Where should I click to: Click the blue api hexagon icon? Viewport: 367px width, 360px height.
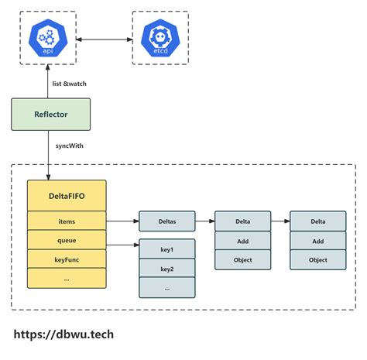point(50,38)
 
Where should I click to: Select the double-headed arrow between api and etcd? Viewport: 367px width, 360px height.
point(105,38)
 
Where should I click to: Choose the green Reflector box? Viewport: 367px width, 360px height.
point(50,114)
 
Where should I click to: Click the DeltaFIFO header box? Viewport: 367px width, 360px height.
point(67,194)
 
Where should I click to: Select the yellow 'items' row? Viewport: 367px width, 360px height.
point(67,221)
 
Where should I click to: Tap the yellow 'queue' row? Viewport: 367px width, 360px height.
point(67,240)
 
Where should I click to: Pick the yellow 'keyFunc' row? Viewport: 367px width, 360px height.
point(67,259)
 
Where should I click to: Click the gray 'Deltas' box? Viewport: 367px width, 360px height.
point(167,221)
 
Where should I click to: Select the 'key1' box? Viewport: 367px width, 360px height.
point(167,249)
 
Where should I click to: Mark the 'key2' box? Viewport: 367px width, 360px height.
point(167,269)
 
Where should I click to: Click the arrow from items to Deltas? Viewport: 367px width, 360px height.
point(122,221)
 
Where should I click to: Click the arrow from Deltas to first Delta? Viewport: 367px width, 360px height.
point(204,221)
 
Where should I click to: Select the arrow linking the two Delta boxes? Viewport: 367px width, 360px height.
point(280,221)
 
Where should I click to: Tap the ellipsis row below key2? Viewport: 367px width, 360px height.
point(167,288)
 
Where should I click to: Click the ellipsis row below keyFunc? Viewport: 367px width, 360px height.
point(67,278)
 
